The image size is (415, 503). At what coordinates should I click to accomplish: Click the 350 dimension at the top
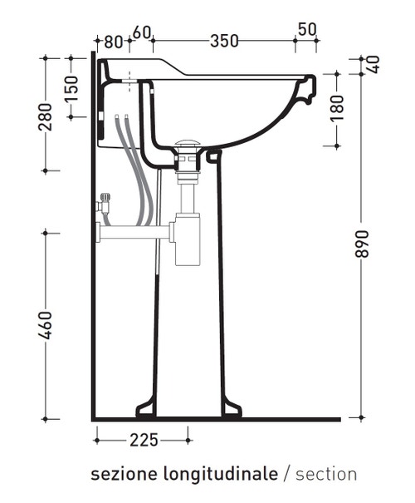tap(225, 40)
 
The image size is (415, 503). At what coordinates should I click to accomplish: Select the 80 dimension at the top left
tap(114, 40)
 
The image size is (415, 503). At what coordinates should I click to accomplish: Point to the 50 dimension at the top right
tap(306, 30)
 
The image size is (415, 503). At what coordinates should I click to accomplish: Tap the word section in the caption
tap(326, 475)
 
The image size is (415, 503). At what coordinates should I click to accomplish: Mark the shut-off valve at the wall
tap(105, 205)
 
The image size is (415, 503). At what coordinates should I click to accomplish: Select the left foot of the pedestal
tap(146, 407)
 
